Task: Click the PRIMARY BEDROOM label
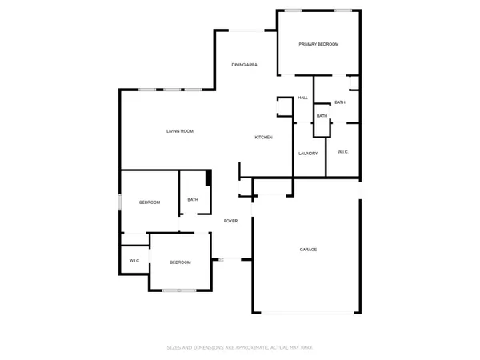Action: click(318, 44)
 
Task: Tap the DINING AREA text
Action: click(244, 65)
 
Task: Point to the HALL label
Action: click(303, 98)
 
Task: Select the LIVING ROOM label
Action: click(180, 131)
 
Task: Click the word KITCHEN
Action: click(264, 138)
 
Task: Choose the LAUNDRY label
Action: click(308, 153)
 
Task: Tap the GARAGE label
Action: click(308, 250)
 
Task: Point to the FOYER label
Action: click(231, 221)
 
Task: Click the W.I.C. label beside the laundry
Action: click(342, 152)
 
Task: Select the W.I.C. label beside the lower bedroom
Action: click(134, 262)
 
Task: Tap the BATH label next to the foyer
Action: click(193, 200)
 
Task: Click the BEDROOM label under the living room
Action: click(150, 202)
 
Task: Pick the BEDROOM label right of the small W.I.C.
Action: click(180, 262)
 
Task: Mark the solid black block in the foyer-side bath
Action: click(208, 178)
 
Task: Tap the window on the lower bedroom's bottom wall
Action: click(180, 290)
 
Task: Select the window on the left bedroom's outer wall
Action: click(121, 202)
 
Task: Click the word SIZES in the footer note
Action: click(173, 347)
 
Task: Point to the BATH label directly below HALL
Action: click(322, 116)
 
